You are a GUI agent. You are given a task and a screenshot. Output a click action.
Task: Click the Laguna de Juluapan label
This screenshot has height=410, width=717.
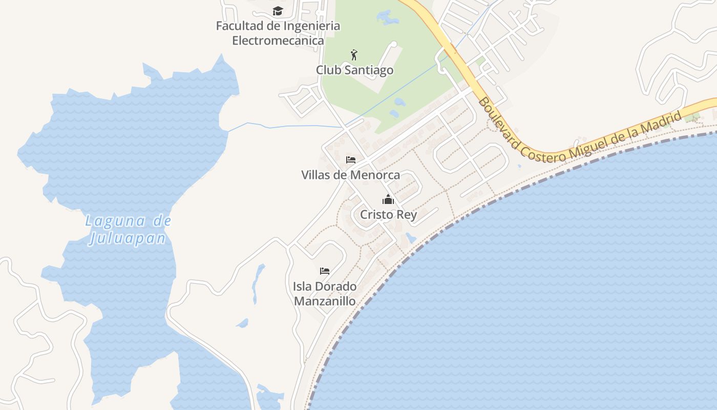pos(128,230)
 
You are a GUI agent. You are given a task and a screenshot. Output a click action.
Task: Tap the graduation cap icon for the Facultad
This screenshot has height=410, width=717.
pos(278,11)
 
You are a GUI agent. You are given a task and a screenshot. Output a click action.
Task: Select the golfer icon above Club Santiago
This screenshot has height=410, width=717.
pos(353,54)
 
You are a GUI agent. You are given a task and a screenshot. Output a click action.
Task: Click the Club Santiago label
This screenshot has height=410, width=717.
pos(354,70)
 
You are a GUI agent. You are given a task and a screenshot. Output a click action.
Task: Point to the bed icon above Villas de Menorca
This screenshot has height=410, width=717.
pos(351,160)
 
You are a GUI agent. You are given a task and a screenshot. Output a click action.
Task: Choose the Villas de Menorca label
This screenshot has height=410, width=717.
pos(350,175)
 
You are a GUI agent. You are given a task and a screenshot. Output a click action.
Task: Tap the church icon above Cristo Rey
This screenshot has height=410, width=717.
pos(388,199)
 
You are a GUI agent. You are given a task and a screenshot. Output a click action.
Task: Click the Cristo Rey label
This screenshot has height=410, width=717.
pos(388,215)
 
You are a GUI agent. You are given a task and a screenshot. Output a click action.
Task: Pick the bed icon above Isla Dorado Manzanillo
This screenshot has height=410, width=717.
pos(325,271)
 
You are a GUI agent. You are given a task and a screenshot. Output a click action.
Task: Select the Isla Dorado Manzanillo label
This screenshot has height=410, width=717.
pos(325,294)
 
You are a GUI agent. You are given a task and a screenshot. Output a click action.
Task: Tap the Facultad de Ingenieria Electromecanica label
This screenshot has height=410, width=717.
pos(278,33)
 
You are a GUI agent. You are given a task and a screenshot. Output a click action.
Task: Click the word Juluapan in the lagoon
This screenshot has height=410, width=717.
pos(128,238)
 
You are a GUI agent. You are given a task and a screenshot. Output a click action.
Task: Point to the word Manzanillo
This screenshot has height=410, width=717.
pos(325,301)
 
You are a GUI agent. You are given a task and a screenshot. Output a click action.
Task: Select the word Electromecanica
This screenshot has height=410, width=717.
pos(278,40)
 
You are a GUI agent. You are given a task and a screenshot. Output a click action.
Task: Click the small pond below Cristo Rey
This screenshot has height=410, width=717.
pos(411,238)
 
